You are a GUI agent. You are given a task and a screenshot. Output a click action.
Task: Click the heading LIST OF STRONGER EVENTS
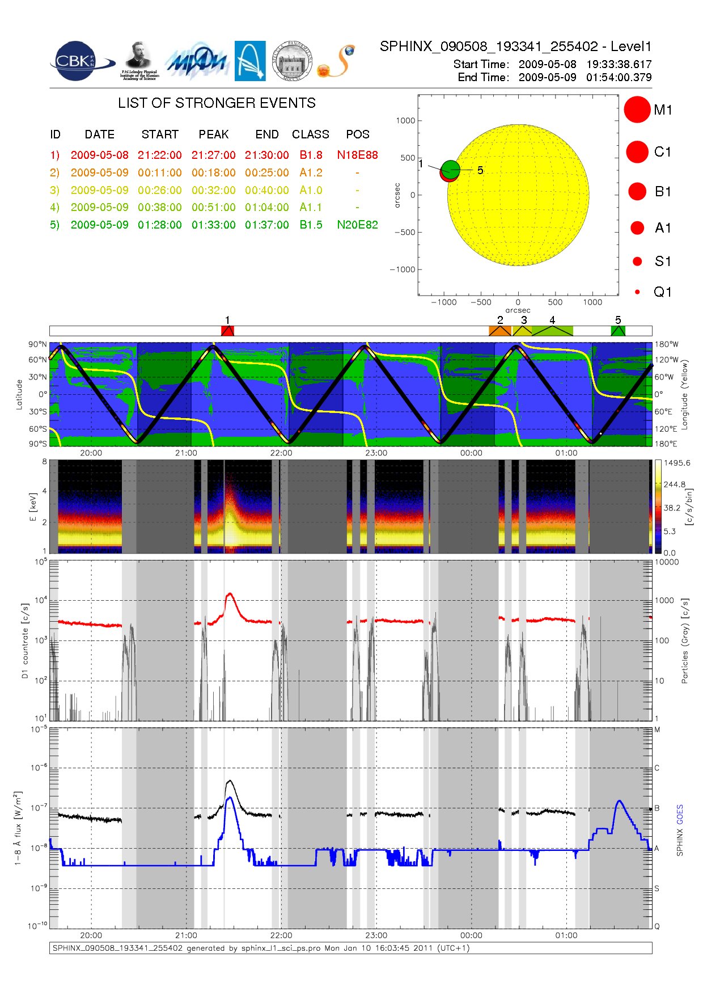click(217, 103)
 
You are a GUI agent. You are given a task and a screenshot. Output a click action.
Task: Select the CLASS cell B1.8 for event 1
click(311, 155)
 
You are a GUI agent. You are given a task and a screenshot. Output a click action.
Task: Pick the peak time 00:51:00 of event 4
click(213, 208)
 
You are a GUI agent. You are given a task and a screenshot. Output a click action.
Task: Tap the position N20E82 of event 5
click(357, 225)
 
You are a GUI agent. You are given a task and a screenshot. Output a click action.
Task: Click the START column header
click(160, 134)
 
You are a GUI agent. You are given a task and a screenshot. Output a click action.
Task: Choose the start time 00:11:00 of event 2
click(159, 173)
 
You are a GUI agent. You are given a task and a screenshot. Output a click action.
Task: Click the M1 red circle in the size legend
click(637, 109)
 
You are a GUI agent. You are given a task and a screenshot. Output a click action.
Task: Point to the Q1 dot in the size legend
click(637, 292)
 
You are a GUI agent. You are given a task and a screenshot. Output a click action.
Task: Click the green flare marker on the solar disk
click(451, 168)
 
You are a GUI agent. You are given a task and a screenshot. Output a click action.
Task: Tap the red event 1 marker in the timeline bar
click(227, 331)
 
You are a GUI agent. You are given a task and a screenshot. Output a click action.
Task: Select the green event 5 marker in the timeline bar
click(618, 331)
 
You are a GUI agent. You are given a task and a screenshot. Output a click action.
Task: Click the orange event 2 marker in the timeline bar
click(500, 331)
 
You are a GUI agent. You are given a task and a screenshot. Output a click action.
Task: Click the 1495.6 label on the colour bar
click(677, 463)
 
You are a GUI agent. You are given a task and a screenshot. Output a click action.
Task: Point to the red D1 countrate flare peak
click(230, 594)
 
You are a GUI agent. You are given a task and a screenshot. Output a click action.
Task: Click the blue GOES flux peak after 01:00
click(619, 801)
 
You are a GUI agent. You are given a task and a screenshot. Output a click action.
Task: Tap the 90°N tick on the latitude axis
click(38, 344)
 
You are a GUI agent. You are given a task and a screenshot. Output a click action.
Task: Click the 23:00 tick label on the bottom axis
click(376, 935)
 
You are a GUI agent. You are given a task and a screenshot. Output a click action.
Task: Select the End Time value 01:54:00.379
click(619, 77)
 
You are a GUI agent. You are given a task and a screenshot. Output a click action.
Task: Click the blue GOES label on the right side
click(680, 815)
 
